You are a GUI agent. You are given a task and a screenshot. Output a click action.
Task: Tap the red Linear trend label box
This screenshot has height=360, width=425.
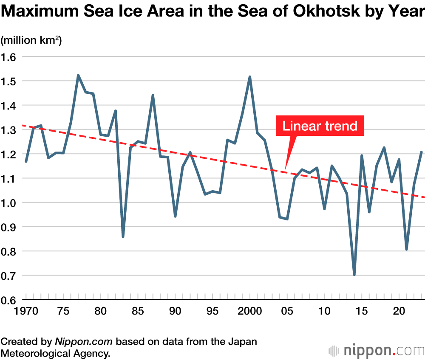[320, 126]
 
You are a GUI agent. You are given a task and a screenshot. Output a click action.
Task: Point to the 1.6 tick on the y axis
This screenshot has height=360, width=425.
[9, 56]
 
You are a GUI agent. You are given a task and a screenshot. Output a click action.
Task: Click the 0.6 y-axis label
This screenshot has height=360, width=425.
[9, 300]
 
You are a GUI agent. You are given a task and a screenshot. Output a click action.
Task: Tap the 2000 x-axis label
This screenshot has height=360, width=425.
[249, 311]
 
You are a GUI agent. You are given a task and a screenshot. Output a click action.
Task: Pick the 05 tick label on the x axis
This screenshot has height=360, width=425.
[287, 311]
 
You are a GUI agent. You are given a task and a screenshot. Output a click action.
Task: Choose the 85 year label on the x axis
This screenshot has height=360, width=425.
[138, 311]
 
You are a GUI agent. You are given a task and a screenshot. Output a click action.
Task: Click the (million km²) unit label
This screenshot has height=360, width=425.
[31, 41]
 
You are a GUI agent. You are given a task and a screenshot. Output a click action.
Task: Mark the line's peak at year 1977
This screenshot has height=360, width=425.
[78, 76]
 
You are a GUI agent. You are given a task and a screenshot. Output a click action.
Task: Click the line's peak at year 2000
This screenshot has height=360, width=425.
[250, 77]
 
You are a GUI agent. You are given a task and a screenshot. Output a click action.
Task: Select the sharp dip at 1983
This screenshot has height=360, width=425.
[123, 236]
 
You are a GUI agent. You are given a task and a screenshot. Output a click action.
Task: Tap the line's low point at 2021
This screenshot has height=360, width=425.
[407, 249]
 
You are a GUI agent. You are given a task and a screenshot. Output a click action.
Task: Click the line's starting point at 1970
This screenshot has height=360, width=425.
[26, 161]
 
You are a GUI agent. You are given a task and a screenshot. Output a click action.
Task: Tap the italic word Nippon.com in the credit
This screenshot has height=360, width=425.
[84, 342]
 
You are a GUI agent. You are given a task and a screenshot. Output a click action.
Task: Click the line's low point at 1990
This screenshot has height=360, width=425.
[175, 216]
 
